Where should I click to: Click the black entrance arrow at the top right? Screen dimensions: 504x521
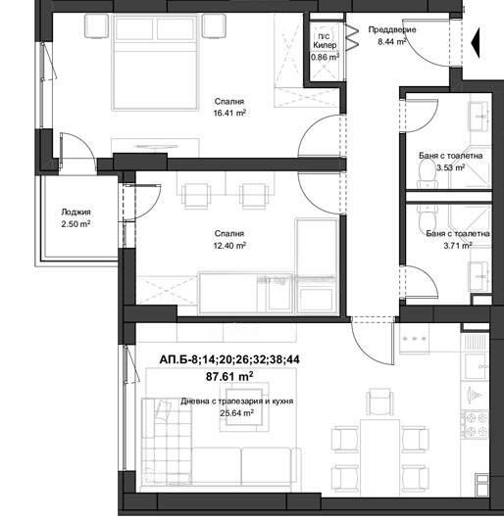click(x=476, y=43)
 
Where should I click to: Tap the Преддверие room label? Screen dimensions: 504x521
click(x=392, y=29)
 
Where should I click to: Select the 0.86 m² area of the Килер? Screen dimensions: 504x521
click(x=325, y=57)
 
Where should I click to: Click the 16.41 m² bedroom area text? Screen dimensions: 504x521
click(x=229, y=114)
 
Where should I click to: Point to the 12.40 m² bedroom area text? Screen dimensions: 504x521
click(x=229, y=246)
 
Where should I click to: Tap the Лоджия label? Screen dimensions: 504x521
click(x=76, y=212)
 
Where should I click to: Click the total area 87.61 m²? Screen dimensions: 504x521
click(x=229, y=376)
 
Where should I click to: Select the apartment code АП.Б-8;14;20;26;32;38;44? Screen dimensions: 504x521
click(x=229, y=359)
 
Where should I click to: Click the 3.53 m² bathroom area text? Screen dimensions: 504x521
click(x=450, y=167)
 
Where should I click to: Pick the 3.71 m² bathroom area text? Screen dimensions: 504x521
click(x=458, y=246)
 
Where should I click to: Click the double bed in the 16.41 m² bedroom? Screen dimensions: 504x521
click(x=155, y=63)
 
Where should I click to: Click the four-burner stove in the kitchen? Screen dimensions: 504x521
click(x=475, y=425)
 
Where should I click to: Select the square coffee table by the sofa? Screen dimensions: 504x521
click(x=244, y=406)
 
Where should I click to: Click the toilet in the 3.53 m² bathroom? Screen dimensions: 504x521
click(x=427, y=176)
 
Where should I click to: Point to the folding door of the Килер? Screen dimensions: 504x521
click(x=352, y=37)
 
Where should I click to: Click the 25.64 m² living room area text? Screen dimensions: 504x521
click(x=236, y=413)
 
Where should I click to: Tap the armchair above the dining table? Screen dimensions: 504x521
click(x=379, y=402)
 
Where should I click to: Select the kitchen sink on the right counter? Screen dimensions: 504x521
click(x=475, y=366)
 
